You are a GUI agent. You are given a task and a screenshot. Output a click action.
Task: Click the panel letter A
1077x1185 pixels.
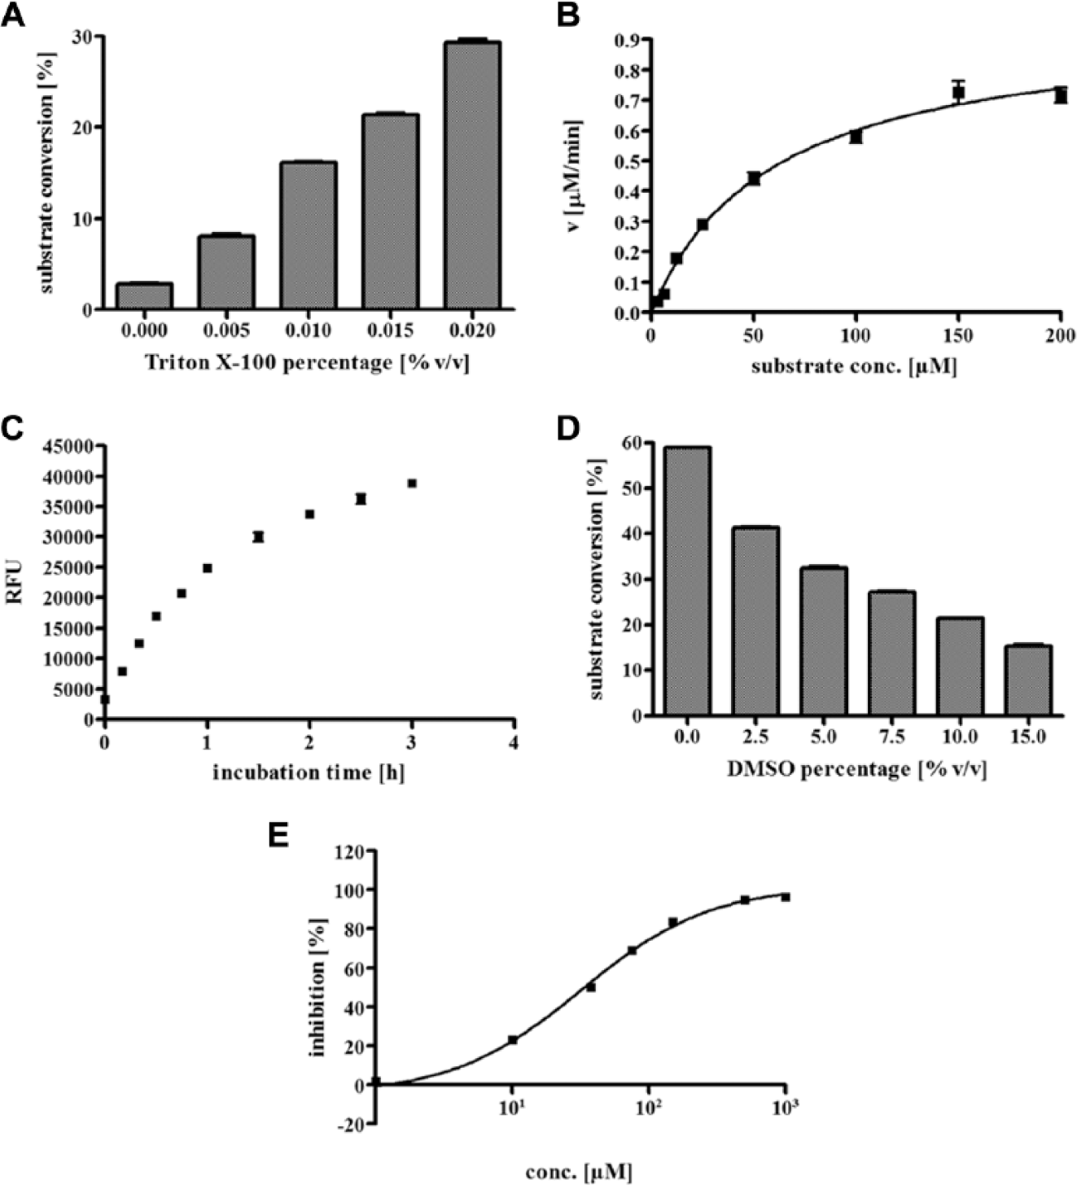13,14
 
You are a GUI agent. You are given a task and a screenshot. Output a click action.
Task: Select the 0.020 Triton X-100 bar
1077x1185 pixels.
472,176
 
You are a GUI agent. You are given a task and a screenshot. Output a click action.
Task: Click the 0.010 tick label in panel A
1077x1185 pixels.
309,330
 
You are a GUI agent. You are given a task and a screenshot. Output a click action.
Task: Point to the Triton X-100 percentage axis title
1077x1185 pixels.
307,363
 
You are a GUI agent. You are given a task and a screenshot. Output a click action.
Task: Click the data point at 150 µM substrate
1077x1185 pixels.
958,93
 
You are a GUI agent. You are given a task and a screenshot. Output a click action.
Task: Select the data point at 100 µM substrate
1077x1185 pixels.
856,137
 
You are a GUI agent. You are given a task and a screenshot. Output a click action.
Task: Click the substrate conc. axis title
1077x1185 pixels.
855,367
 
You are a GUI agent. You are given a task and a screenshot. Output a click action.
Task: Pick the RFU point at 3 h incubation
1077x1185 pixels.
412,483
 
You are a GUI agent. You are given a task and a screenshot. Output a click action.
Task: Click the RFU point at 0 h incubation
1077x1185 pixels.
105,699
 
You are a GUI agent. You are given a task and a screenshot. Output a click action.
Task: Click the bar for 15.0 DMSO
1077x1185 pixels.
1028,680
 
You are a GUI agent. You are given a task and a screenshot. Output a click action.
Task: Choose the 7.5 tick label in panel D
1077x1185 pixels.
892,737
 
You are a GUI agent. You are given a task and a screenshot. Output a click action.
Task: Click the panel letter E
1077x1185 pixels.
278,836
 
